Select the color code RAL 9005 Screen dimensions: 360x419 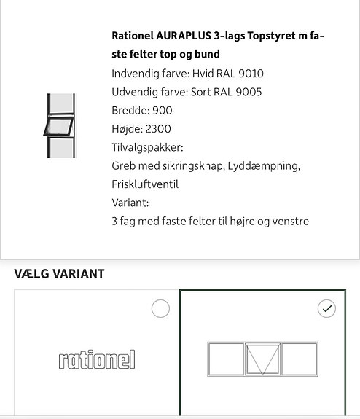click(x=238, y=92)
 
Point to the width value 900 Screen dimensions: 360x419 click(x=162, y=111)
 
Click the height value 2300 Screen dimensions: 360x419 click(x=158, y=129)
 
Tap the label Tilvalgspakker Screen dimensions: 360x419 click(x=146, y=147)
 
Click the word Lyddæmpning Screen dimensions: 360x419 click(x=263, y=165)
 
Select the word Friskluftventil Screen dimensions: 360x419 click(x=145, y=184)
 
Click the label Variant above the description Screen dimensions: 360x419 click(x=130, y=203)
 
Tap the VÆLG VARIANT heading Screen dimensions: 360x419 click(x=59, y=274)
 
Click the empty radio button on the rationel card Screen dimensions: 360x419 click(x=160, y=308)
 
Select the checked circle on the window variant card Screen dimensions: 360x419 click(x=327, y=308)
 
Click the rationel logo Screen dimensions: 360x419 click(x=97, y=360)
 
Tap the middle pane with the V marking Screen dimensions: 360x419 click(x=262, y=359)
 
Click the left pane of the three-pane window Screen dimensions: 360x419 click(x=226, y=359)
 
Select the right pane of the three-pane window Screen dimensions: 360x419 click(x=299, y=359)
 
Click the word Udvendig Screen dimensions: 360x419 click(x=136, y=92)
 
